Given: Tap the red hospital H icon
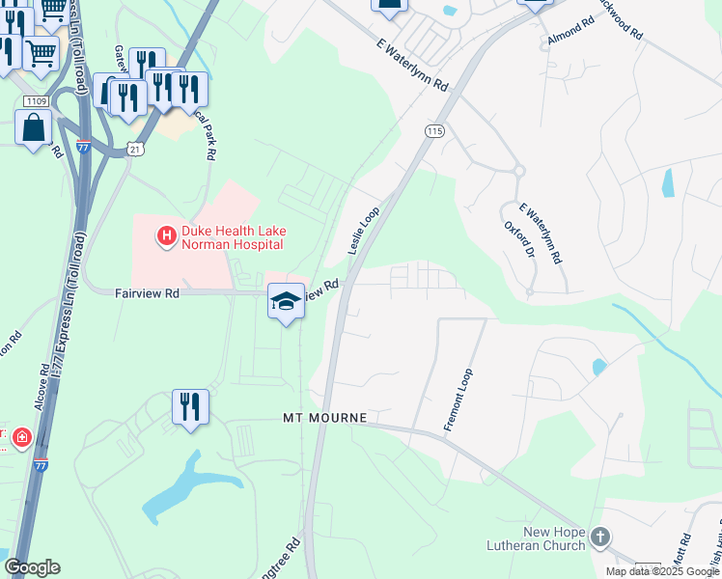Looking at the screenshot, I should [166, 234].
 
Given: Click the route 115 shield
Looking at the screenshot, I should [433, 130].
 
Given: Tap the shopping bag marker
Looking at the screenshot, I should [34, 128].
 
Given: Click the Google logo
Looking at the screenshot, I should [32, 567].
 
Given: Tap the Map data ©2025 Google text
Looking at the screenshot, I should [662, 571].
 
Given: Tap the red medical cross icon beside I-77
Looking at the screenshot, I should [21, 439].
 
